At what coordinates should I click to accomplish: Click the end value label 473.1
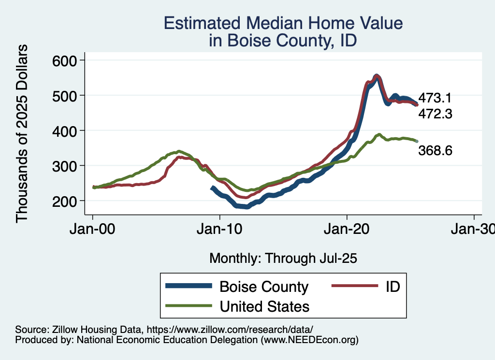click(x=435, y=98)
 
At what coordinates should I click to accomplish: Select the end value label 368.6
click(x=435, y=151)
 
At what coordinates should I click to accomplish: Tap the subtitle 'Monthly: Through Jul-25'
click(x=283, y=259)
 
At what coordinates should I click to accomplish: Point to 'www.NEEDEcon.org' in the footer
click(x=309, y=340)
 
